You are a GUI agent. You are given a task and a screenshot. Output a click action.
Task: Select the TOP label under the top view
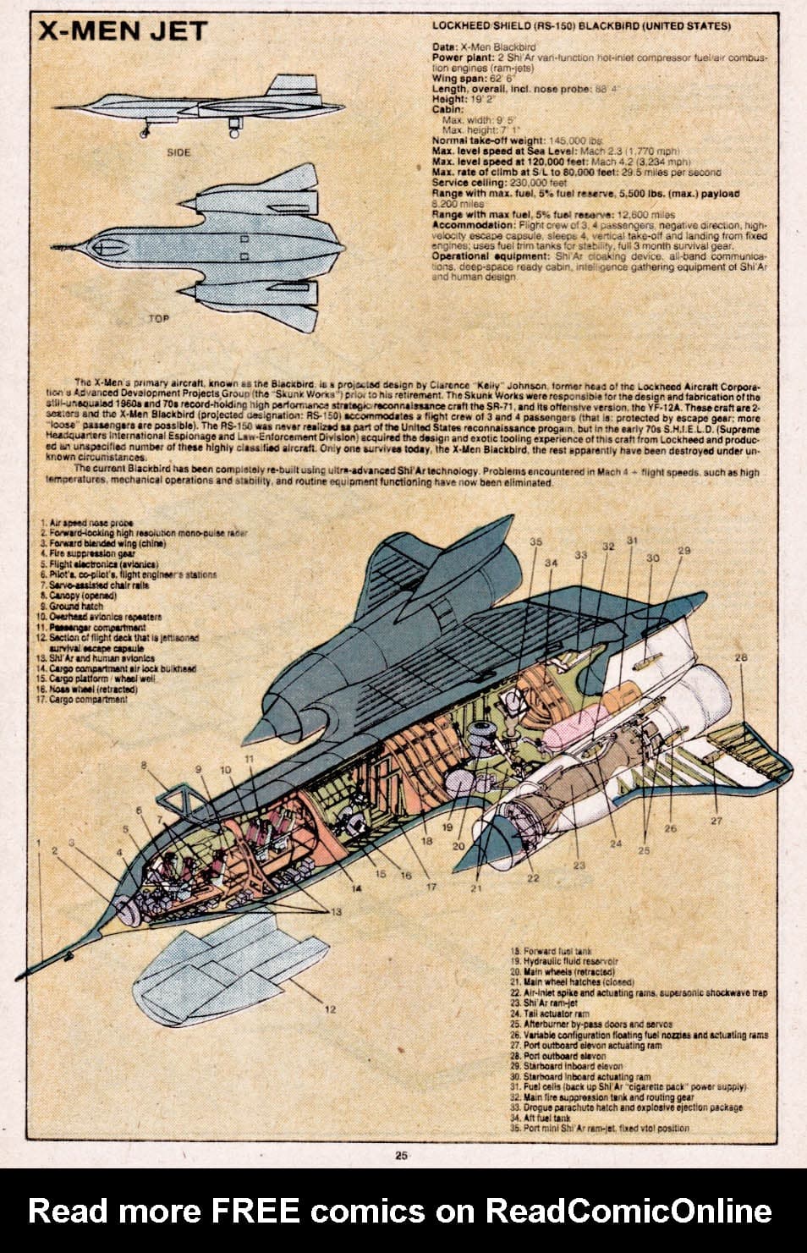(x=157, y=319)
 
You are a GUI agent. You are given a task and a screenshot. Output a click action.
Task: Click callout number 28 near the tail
(x=741, y=657)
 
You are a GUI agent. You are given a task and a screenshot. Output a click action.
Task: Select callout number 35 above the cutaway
(x=535, y=541)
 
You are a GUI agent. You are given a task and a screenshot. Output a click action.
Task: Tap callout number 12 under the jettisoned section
(x=329, y=1008)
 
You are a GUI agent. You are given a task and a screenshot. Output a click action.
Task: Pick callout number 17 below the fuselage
(x=431, y=887)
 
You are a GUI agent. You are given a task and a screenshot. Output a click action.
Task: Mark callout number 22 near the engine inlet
(x=533, y=877)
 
